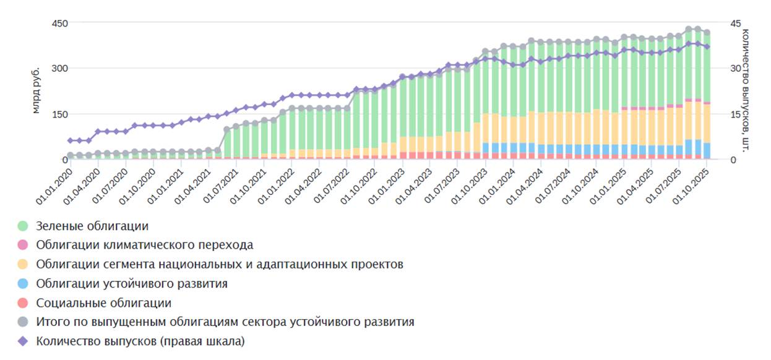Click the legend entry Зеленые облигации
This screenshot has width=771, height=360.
(x=92, y=226)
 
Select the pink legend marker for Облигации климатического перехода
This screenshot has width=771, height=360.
(x=24, y=246)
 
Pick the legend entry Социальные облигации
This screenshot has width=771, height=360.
(x=103, y=303)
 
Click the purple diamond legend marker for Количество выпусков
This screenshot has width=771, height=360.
(x=24, y=341)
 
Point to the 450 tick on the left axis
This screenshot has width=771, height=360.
(x=59, y=23)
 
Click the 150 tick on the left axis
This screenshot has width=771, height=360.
(x=59, y=114)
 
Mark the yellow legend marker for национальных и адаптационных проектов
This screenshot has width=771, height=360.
(x=24, y=265)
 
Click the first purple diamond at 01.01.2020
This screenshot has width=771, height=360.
(x=71, y=140)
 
